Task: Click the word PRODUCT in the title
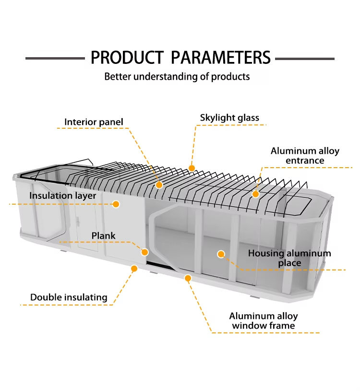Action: click(127, 58)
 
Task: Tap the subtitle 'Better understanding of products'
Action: click(177, 76)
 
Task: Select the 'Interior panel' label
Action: click(94, 122)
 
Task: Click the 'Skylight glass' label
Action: click(229, 118)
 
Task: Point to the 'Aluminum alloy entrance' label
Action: click(305, 156)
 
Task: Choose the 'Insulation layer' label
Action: click(62, 195)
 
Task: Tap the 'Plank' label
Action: click(104, 236)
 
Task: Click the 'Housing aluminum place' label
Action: click(289, 258)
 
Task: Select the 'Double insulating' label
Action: click(69, 297)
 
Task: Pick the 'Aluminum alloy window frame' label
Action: click(263, 321)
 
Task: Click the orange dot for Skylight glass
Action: click(192, 168)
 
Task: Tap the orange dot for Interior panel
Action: click(159, 184)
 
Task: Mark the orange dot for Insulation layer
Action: click(116, 204)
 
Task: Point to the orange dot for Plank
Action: click(144, 252)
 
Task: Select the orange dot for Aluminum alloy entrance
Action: click(256, 194)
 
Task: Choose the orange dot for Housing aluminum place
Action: click(221, 254)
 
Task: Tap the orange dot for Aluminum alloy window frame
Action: click(188, 278)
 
